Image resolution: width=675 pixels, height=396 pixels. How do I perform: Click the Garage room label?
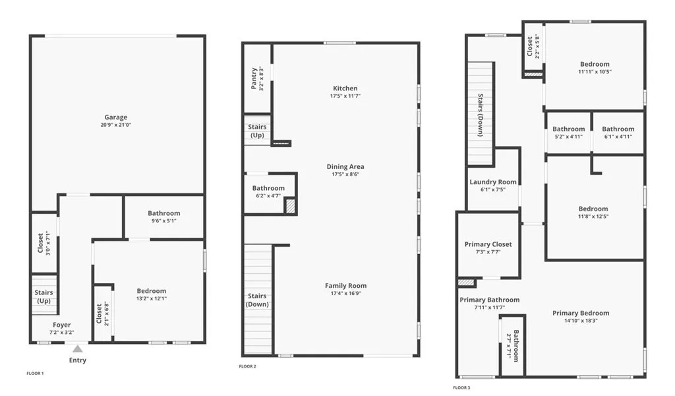click(115, 117)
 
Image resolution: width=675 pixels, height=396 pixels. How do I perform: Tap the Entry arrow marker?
click(78, 348)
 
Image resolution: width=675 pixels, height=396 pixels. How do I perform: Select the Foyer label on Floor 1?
click(61, 325)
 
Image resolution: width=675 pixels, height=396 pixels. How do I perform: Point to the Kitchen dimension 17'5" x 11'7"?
click(345, 96)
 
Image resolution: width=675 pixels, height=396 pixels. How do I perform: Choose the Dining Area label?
click(345, 167)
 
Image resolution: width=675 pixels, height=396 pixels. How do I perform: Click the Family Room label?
click(345, 286)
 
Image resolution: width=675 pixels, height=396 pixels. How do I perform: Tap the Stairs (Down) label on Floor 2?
click(257, 300)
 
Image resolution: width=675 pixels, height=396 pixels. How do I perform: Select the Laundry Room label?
click(493, 182)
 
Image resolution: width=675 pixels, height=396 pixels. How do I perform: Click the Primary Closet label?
click(488, 244)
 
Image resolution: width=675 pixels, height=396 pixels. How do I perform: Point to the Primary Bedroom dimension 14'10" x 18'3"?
click(581, 321)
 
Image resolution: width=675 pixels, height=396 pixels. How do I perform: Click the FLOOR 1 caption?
click(35, 374)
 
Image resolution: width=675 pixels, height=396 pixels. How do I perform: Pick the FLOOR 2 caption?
click(247, 366)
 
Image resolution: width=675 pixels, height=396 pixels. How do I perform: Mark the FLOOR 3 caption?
click(462, 387)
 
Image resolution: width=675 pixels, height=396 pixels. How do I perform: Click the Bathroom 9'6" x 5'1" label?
click(163, 213)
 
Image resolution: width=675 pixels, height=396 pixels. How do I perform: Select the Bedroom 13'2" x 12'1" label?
click(151, 291)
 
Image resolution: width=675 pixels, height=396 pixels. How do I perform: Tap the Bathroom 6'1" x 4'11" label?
click(618, 129)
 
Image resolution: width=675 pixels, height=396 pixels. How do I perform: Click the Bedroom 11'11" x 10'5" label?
click(595, 64)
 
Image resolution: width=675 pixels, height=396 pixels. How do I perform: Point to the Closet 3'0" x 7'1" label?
click(40, 243)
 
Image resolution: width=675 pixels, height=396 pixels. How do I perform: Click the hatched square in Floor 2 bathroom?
click(290, 206)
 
